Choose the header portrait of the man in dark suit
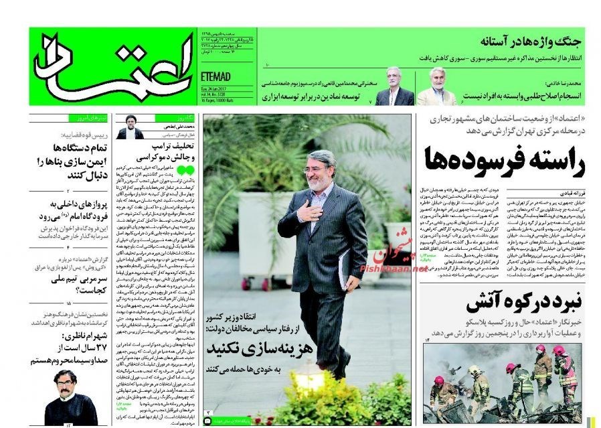[394, 86]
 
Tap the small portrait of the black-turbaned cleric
[130, 127]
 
